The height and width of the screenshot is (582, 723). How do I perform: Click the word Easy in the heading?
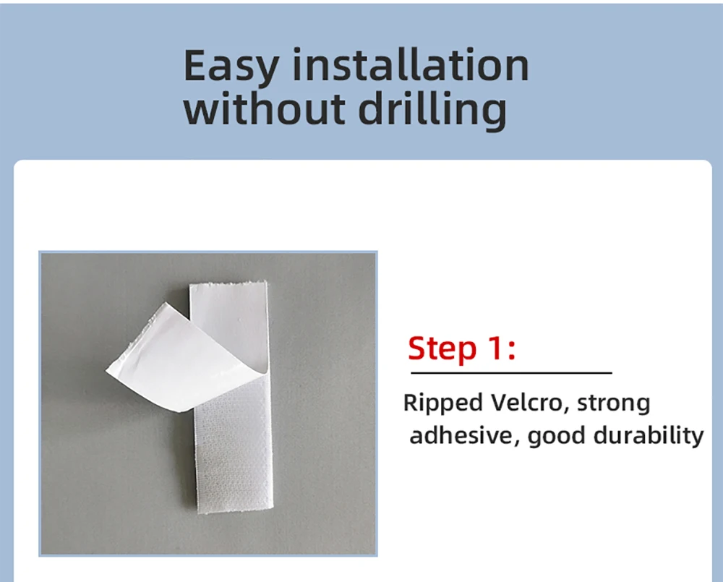coord(231,66)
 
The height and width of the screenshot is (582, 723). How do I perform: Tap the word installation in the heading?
coord(411,65)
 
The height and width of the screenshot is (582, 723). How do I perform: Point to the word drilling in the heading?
coord(432,110)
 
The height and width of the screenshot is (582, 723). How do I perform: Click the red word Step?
coord(442,349)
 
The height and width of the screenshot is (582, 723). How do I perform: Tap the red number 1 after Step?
coord(495,348)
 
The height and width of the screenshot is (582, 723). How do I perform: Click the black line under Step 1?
coord(511,372)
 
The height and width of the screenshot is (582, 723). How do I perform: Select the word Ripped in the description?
coord(442,403)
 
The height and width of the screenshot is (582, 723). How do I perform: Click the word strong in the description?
coord(613,403)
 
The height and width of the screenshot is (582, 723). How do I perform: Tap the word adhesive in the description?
coord(462,435)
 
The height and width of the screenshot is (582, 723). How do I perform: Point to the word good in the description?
coord(555,436)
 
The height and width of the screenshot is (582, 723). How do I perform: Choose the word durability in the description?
coord(649,436)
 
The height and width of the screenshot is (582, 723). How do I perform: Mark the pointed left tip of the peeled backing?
coord(106,370)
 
